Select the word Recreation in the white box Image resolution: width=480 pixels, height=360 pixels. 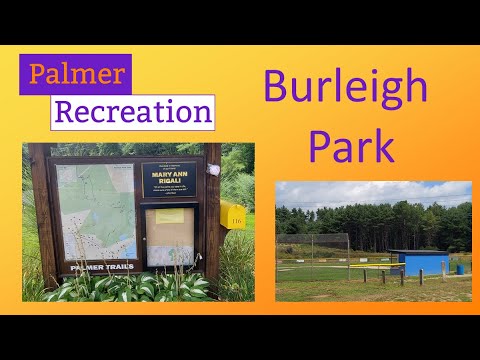tap(132, 110)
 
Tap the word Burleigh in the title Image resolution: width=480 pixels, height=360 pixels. tap(346, 88)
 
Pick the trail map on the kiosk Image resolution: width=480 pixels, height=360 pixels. tap(95, 210)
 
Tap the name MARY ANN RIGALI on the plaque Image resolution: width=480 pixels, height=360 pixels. tap(172, 182)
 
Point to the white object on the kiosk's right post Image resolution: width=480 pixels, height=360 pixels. tap(214, 170)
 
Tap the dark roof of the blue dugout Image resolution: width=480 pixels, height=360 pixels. tap(417, 252)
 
